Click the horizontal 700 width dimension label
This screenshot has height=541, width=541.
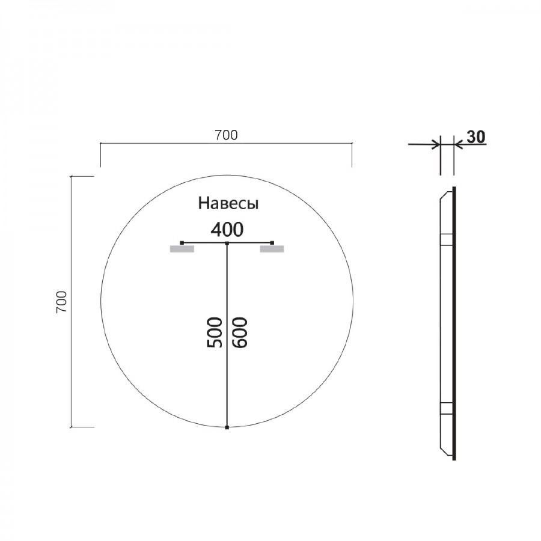pyautogui.click(x=227, y=135)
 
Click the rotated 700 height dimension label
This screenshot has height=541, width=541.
pyautogui.click(x=61, y=302)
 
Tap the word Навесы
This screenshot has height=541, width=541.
pyautogui.click(x=228, y=203)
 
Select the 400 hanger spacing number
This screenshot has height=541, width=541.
pyautogui.click(x=227, y=230)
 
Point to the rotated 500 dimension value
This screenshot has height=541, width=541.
pyautogui.click(x=214, y=332)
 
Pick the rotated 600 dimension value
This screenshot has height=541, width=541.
pyautogui.click(x=240, y=332)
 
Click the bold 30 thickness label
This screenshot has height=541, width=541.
pyautogui.click(x=476, y=136)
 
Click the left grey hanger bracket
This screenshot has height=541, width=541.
pyautogui.click(x=182, y=249)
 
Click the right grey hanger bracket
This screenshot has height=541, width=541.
pyautogui.click(x=272, y=249)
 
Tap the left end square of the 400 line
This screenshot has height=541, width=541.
pyautogui.click(x=182, y=243)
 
